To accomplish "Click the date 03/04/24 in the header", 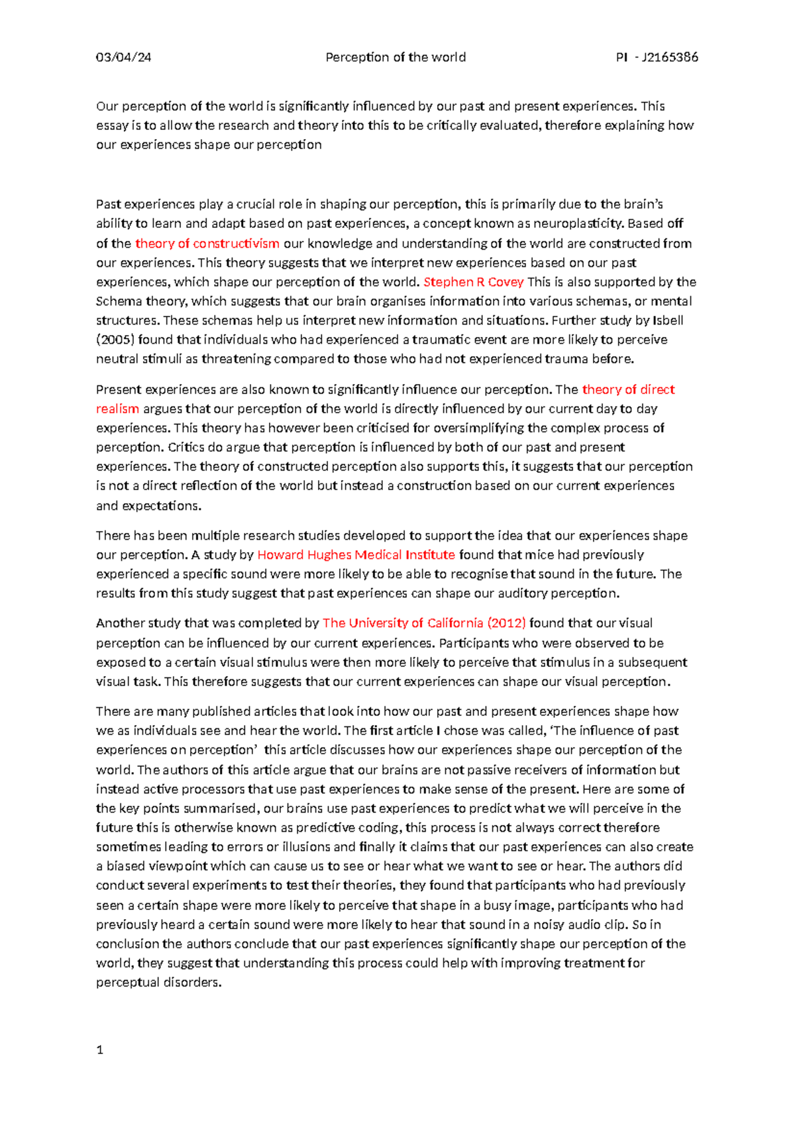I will tap(123, 58).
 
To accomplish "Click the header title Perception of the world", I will tap(396, 58).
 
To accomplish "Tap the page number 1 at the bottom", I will tap(100, 1050).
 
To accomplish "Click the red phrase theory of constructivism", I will tap(207, 244).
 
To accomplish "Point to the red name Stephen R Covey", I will tap(473, 282).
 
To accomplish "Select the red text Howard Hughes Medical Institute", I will tap(356, 555).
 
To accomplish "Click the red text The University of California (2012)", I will tap(424, 623).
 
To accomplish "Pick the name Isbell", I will tap(668, 320).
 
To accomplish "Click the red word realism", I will tap(117, 409).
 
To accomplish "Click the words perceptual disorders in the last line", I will tap(158, 983).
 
